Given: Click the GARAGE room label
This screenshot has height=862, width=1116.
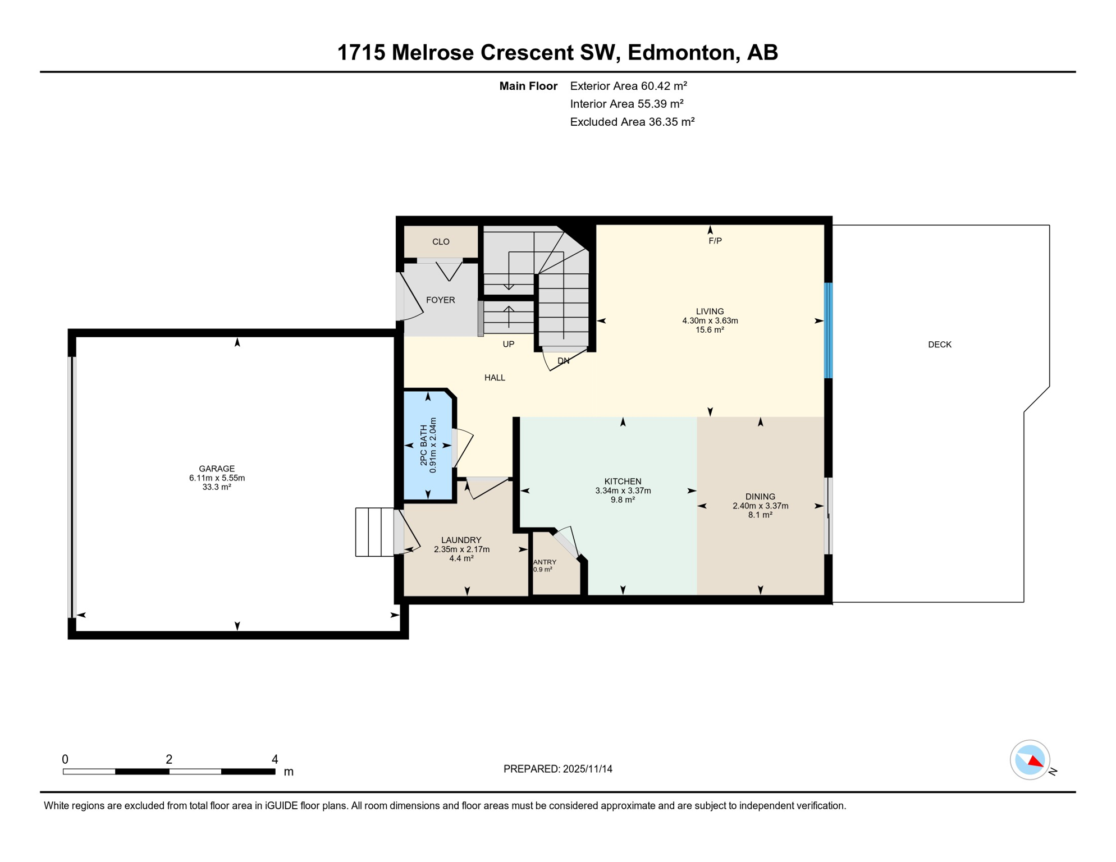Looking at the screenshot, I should coord(217,469).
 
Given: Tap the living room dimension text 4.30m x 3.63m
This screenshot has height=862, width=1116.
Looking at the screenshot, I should coord(710,321).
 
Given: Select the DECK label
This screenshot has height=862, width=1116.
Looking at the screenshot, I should coord(939,345).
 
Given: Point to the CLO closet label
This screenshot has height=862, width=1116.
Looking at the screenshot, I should coord(441,242).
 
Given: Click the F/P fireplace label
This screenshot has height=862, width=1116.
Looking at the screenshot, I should coord(715,241).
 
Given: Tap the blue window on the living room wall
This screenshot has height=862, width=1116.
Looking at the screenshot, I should coord(827,331).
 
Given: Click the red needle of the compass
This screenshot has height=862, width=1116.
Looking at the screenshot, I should coord(1036,762).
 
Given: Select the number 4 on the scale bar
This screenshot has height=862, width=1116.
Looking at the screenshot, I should coord(275,759).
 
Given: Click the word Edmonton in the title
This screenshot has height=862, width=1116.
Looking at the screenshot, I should coord(680,53).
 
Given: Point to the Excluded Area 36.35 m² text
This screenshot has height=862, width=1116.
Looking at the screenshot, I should coord(632,122).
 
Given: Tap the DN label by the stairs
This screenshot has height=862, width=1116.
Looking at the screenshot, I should coord(564,361).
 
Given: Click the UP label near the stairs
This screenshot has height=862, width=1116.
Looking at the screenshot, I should coord(508,344).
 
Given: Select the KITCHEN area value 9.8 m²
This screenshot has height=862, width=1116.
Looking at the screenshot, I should coord(623,499).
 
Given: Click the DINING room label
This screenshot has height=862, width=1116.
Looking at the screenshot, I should coord(760,497).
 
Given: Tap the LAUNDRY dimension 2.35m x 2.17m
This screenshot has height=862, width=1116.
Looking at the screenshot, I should coord(461,549).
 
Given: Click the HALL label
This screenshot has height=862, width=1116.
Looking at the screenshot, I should coord(495,378).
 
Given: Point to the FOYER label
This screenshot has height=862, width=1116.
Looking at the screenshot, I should coord(440,300).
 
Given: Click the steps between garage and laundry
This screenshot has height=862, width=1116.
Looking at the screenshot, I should coord(374,532).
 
